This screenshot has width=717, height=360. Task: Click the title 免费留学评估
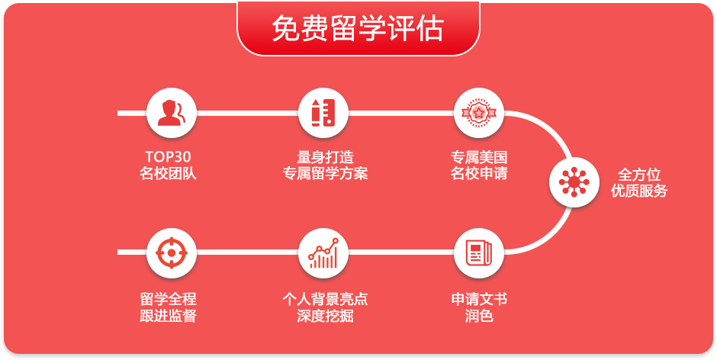(x=358, y=29)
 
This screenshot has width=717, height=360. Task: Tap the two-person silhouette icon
(x=171, y=113)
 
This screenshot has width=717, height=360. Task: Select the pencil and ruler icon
(x=323, y=113)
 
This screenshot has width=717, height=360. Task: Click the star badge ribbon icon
(x=479, y=113)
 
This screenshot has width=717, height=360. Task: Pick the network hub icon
(x=574, y=182)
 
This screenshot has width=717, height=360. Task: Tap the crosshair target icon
(x=172, y=252)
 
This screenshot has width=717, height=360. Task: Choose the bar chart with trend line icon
(x=323, y=253)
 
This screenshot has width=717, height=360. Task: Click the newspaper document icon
(x=479, y=253)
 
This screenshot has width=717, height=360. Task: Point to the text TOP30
(x=169, y=157)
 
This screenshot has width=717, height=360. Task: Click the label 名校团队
(x=169, y=174)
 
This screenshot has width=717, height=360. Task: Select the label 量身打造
(x=325, y=157)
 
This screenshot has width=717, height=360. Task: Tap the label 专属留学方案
(x=325, y=174)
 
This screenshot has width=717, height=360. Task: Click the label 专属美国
(x=479, y=157)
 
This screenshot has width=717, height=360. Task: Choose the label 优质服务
(x=639, y=191)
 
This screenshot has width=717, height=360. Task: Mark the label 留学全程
(x=169, y=299)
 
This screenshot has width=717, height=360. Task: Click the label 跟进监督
(x=169, y=316)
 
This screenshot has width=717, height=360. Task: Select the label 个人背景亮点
(x=325, y=299)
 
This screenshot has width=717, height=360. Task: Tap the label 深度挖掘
(x=325, y=316)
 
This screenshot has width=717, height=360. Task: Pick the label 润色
(x=479, y=316)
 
